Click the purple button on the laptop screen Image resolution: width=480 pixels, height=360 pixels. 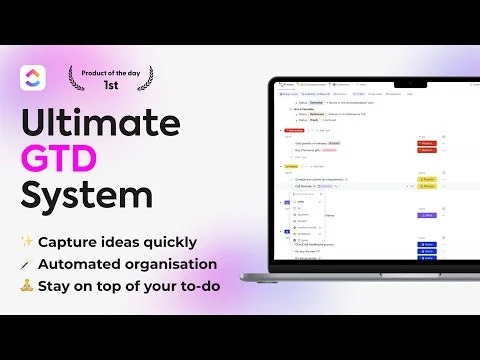pyautogui.click(x=427, y=214)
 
